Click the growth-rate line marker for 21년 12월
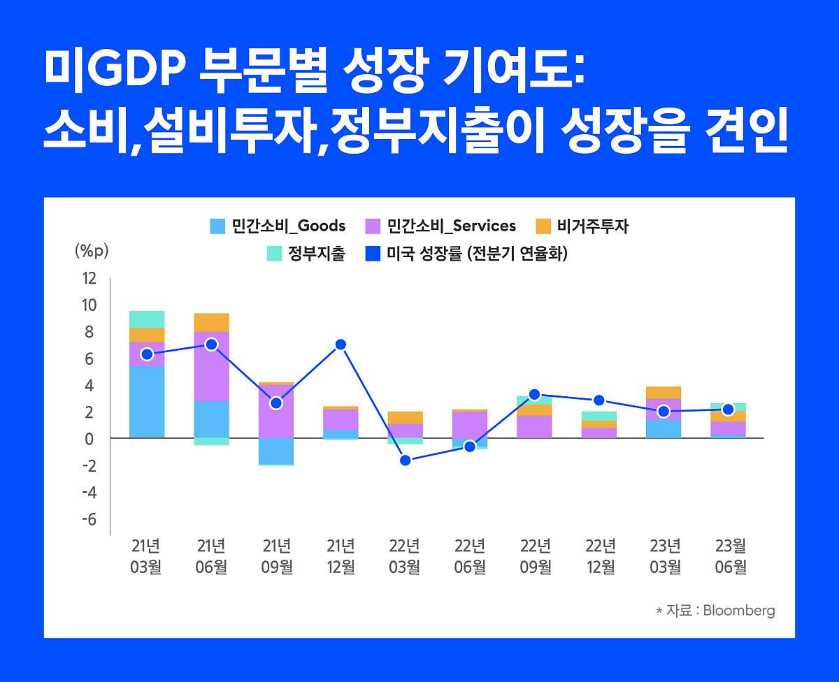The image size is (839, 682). click(x=340, y=344)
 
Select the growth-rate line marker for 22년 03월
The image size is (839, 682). click(x=405, y=460)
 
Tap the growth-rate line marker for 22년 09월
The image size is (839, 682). click(x=535, y=395)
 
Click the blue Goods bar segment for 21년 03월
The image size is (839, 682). click(x=147, y=402)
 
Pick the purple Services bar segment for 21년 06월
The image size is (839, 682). click(x=212, y=366)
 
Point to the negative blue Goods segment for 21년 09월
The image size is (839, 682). click(x=276, y=451)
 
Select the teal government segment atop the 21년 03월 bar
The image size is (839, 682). click(x=147, y=319)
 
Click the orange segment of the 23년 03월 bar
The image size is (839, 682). click(x=664, y=393)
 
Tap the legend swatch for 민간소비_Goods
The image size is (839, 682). click(x=218, y=226)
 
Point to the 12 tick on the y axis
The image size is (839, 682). click(x=89, y=278)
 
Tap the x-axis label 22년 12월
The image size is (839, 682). click(x=600, y=556)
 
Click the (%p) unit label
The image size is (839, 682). click(x=92, y=251)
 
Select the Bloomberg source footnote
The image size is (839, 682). click(x=715, y=610)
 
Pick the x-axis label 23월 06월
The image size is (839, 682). click(x=730, y=556)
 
